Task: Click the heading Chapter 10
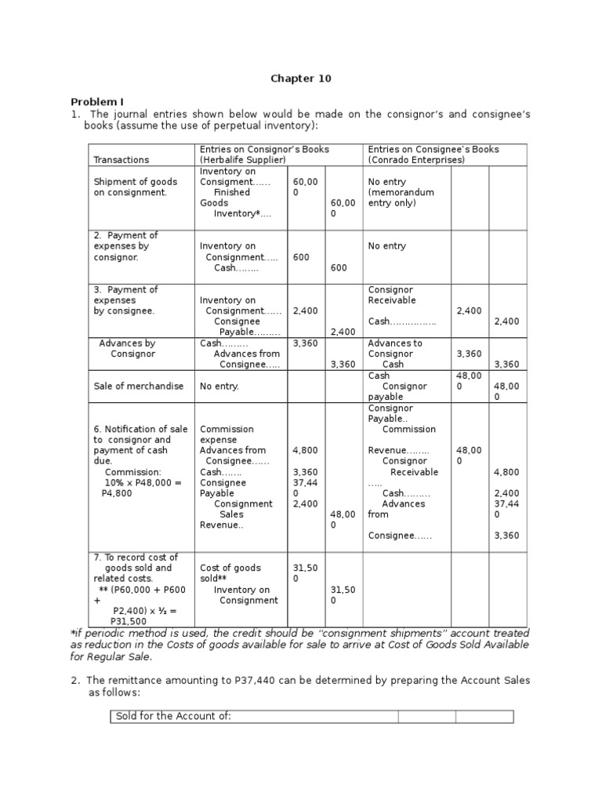point(301,78)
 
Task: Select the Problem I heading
point(97,102)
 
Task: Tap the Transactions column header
point(121,160)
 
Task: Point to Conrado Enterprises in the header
point(419,160)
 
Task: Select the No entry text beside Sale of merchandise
point(219,387)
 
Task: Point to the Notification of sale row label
point(141,430)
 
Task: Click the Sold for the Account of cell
point(173,717)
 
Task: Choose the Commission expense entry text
point(227,434)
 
